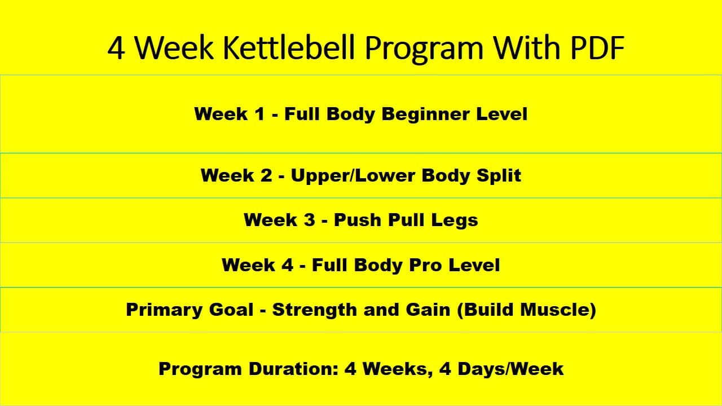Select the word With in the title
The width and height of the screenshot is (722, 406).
click(x=520, y=48)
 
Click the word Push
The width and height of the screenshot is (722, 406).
click(x=357, y=220)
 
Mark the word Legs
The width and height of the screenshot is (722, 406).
click(x=455, y=220)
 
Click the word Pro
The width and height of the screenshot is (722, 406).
click(x=414, y=265)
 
